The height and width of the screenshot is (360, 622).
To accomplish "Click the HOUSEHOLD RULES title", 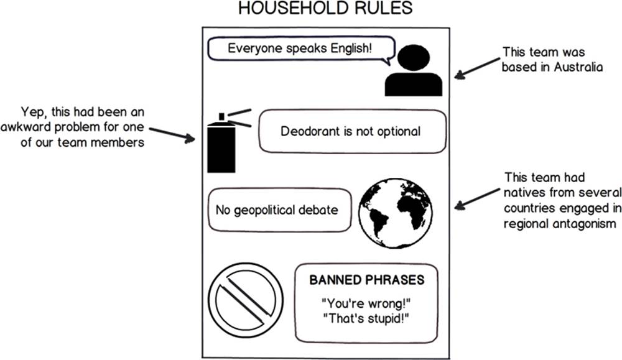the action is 325,8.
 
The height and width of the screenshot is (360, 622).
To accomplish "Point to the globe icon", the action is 396,213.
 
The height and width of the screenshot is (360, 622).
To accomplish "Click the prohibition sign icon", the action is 246,300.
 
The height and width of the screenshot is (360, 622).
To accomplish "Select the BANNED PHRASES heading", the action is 367,280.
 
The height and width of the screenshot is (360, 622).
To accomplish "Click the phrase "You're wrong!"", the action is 366,303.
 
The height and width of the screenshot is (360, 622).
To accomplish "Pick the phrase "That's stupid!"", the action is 366,318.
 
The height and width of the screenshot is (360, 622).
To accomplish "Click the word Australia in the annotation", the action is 578,67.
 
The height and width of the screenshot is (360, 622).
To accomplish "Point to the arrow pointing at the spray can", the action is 172,134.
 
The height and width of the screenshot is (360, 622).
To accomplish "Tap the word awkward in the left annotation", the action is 26,127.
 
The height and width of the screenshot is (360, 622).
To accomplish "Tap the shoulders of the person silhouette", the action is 414,85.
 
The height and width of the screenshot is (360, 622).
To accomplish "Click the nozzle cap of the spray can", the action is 221,116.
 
